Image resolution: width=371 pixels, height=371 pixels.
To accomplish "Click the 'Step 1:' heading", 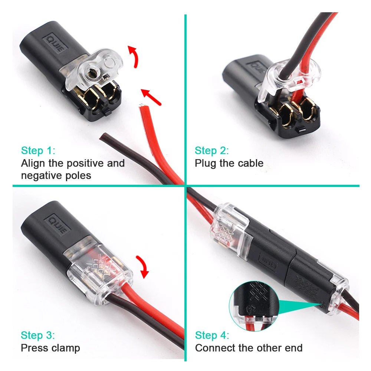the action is pos(38,151).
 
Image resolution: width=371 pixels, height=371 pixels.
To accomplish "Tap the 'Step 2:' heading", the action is pos(212,151).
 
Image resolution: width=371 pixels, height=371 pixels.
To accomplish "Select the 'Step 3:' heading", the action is pos(38,335).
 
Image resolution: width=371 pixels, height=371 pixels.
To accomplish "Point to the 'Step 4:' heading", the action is pos(212,335).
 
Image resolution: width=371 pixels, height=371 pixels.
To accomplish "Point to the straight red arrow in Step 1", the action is pos(151,97).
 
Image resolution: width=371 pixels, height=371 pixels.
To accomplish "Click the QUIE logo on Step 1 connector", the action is pos(55,44).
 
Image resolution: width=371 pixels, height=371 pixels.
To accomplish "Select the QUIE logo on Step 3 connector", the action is pos(59,224).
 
